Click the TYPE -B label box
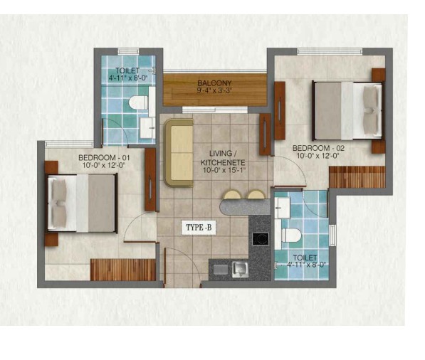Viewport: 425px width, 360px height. coord(199,227)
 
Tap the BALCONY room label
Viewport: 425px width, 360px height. coord(215,83)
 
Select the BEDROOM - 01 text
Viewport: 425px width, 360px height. coord(104,157)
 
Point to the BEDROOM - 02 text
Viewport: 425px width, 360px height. coord(318,148)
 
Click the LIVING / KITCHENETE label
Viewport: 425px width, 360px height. coord(223,158)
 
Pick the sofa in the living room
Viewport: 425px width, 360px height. coord(179,153)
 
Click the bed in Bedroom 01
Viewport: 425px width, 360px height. coord(82,203)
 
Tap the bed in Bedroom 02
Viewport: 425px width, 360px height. coord(348,111)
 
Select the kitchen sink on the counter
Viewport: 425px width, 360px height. coord(240,269)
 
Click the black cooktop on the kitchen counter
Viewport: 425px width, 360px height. coord(261,239)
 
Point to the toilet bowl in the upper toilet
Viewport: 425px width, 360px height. coord(139,102)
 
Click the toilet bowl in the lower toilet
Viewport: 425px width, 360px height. coord(291,235)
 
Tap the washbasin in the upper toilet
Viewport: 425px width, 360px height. coord(147,128)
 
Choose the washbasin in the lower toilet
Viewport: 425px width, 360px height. coord(283,208)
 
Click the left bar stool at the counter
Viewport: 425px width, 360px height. coord(233,195)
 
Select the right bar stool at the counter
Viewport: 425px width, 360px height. coord(256,195)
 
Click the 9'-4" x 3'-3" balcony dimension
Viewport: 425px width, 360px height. coord(215,90)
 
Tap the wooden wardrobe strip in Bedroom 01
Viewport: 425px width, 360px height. coord(122,270)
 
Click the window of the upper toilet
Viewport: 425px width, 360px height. coord(128,51)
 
